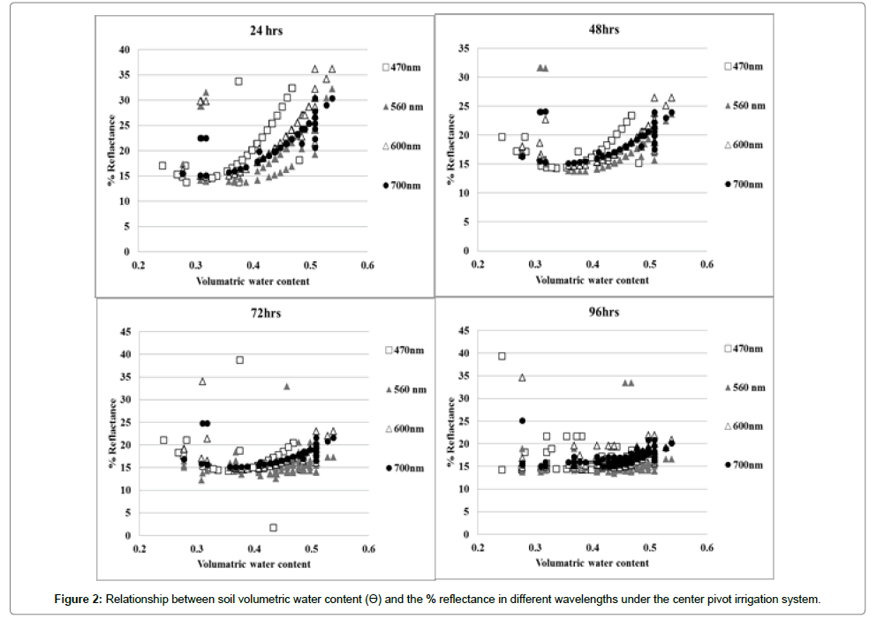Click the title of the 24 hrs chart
pos(266,32)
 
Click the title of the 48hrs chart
pos(605,29)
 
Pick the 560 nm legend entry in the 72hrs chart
pos(404,389)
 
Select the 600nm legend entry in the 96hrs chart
pos(741,427)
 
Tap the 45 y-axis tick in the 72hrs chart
pos(125,332)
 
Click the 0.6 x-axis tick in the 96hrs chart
pos(706,548)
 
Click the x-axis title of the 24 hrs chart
pos(253,282)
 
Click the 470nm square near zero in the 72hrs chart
pos(274,528)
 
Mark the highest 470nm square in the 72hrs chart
pos(239,360)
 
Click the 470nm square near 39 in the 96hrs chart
pos(502,356)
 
